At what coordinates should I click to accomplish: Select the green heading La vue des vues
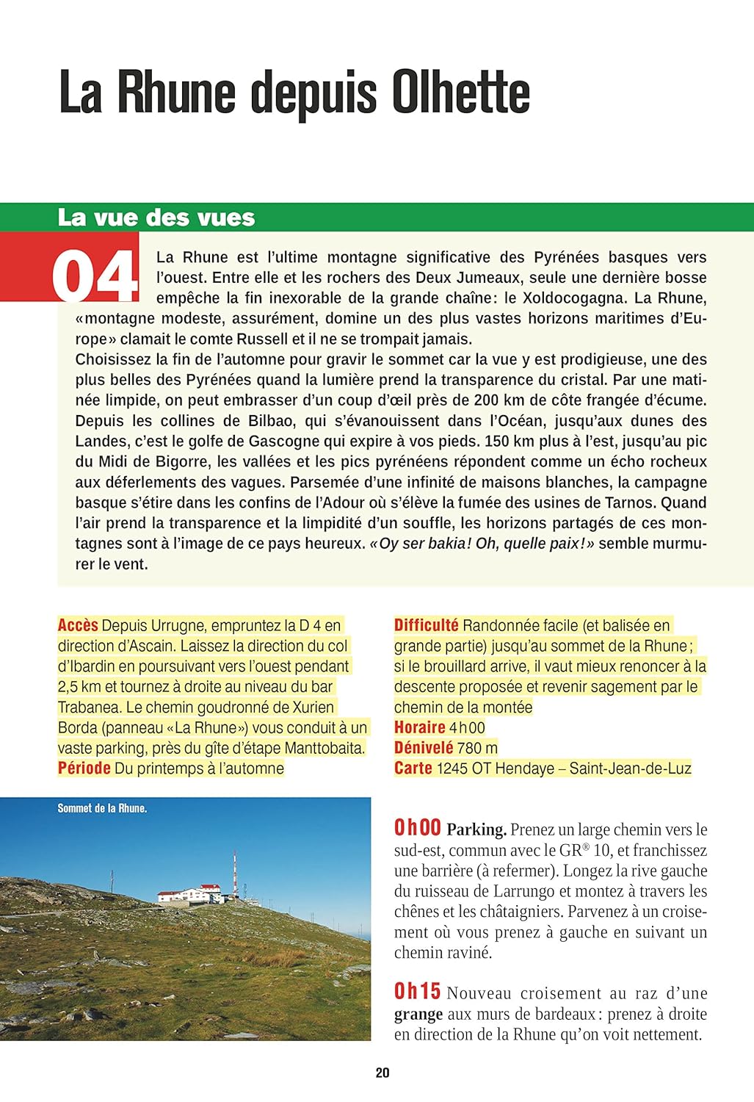[156, 217]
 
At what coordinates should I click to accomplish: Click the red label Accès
[78, 625]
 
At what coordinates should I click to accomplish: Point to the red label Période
[84, 768]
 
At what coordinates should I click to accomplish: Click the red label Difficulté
[426, 625]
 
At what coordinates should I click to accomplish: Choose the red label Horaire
[419, 727]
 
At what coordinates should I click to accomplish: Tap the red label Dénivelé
[424, 748]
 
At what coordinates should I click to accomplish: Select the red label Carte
[413, 768]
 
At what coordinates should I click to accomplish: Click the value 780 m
[477, 748]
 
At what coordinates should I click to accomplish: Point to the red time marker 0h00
[417, 828]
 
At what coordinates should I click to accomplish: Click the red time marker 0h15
[417, 992]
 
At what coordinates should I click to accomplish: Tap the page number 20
[383, 1073]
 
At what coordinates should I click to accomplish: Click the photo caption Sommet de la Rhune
[102, 808]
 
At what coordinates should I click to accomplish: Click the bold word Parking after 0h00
[476, 830]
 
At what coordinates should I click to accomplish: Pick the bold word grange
[418, 1015]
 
